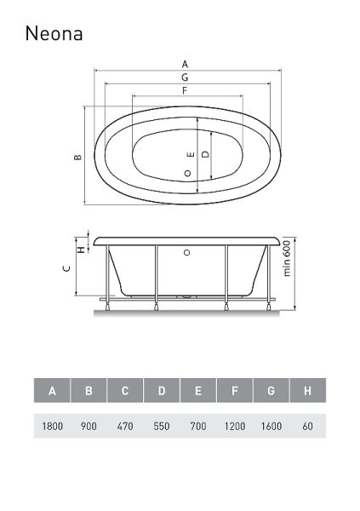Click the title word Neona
pyautogui.click(x=54, y=33)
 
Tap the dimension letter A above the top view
pyautogui.click(x=185, y=64)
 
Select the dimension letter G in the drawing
pyautogui.click(x=185, y=78)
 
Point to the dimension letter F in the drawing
pyautogui.click(x=185, y=90)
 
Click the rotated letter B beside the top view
pyautogui.click(x=77, y=157)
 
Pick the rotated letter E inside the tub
pyautogui.click(x=191, y=154)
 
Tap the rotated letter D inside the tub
pyautogui.click(x=205, y=154)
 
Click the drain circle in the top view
pyautogui.click(x=187, y=173)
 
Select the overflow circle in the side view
pyautogui.click(x=186, y=252)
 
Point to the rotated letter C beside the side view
pyautogui.click(x=66, y=268)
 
